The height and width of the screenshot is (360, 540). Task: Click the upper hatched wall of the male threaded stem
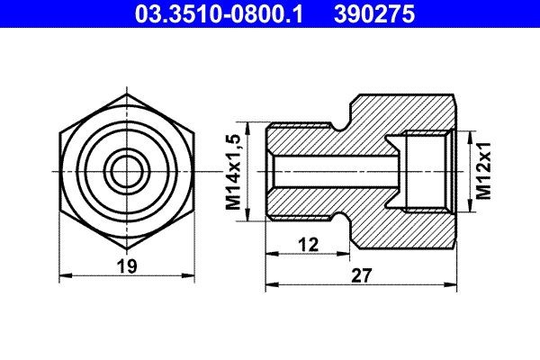coord(306,138)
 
